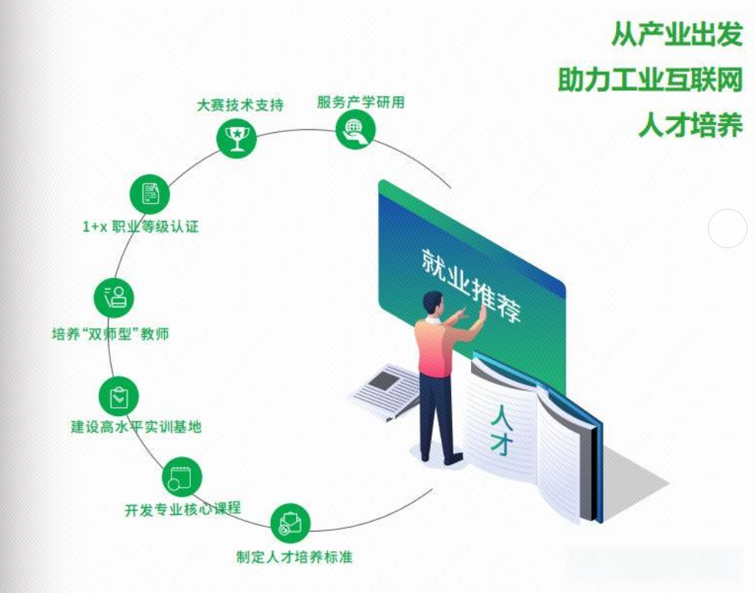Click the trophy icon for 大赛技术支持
[237, 137]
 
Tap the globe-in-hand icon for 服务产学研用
[355, 129]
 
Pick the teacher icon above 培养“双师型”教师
[114, 296]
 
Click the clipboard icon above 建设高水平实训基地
[119, 396]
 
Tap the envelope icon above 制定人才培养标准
[291, 523]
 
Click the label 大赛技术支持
[240, 105]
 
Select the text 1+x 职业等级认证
[141, 226]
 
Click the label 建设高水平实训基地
[137, 427]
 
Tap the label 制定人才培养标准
[295, 557]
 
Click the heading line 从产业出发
[677, 34]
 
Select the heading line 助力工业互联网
[650, 80]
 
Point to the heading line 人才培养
[690, 125]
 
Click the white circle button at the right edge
[728, 229]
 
